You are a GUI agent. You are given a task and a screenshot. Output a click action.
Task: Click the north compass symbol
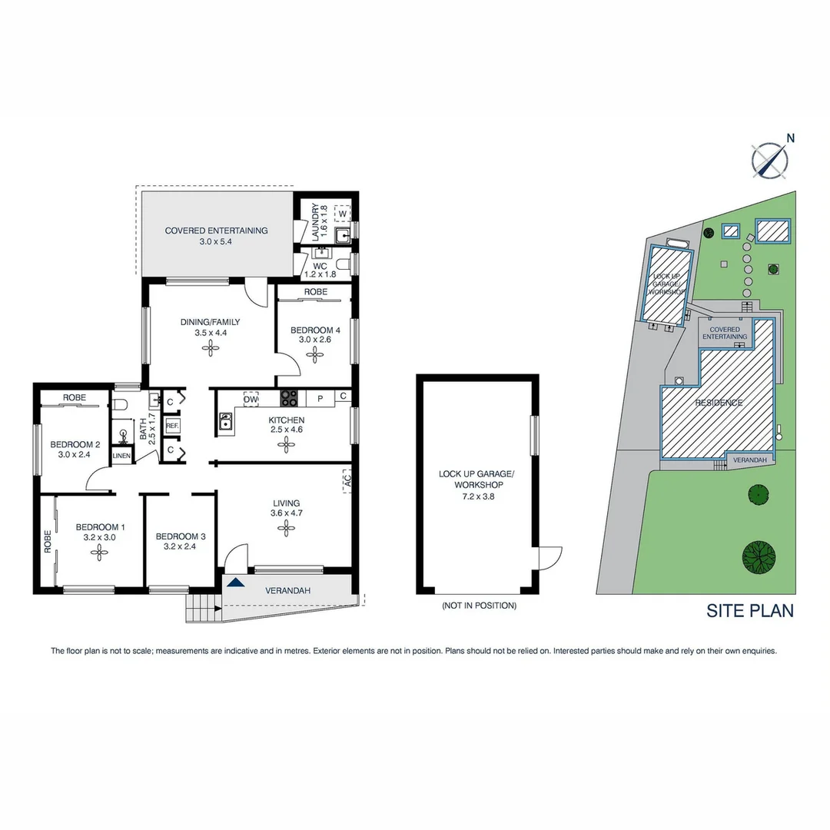click(769, 159)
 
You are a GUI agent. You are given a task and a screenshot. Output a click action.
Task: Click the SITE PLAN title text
click(750, 611)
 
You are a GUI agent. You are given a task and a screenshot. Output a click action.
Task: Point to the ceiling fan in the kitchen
click(287, 443)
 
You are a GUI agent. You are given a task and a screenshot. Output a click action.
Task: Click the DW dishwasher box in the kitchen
click(251, 398)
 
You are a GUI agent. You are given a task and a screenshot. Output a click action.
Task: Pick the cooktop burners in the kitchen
click(289, 398)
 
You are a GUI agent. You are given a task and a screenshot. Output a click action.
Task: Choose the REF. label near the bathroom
click(172, 425)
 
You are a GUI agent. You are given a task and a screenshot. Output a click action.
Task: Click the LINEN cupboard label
click(121, 456)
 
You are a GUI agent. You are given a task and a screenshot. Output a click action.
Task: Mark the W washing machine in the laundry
click(341, 213)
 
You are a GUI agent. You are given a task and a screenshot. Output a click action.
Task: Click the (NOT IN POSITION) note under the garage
click(479, 606)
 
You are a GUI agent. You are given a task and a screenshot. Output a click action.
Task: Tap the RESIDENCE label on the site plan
click(719, 403)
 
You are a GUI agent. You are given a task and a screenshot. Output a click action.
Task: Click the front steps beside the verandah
click(202, 609)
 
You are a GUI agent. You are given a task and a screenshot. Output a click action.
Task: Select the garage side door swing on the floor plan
click(549, 557)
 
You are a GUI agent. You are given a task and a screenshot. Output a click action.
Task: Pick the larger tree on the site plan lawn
click(759, 556)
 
